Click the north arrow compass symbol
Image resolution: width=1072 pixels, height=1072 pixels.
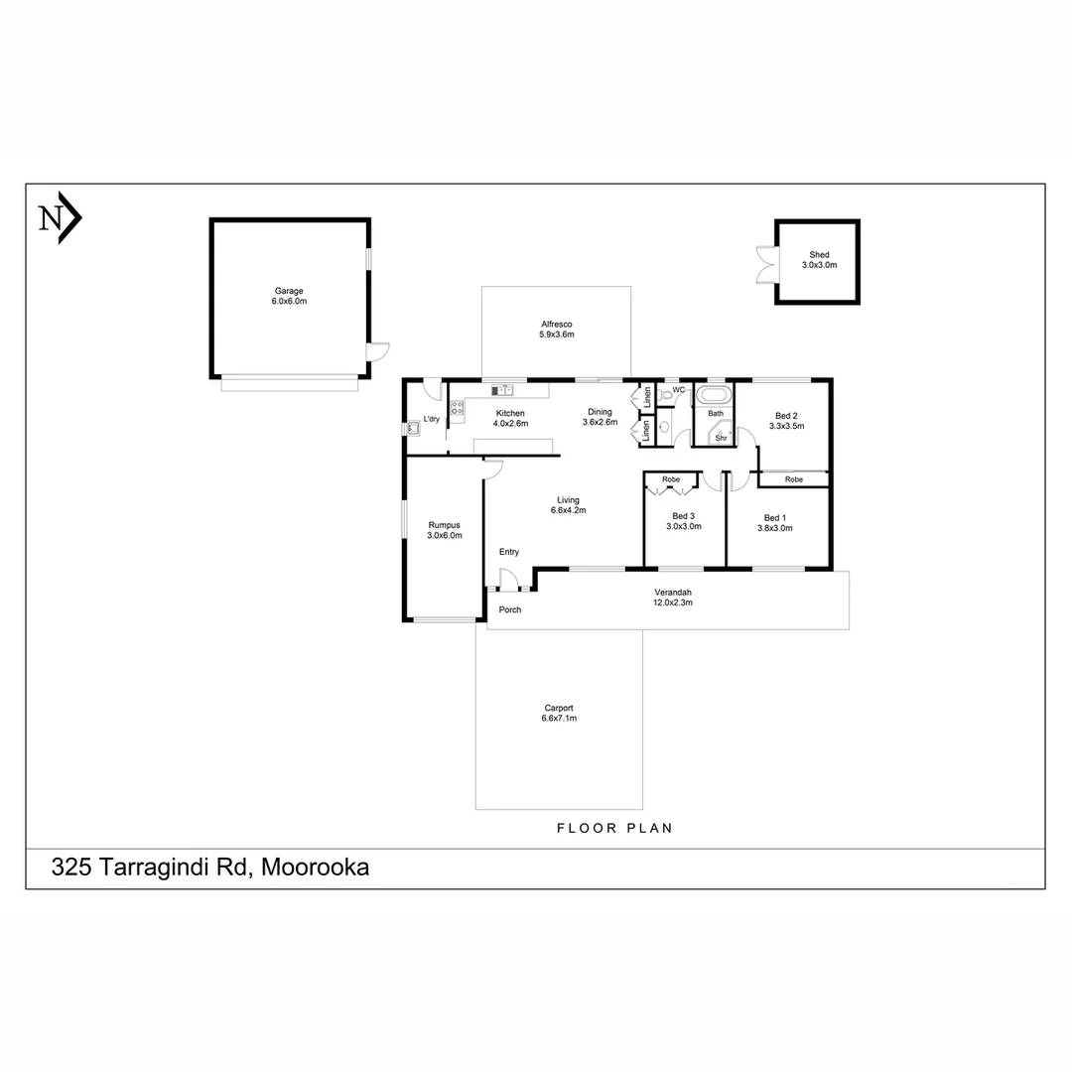(59, 216)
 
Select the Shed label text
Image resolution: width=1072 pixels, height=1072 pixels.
(819, 255)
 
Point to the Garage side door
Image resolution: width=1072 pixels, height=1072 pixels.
(378, 351)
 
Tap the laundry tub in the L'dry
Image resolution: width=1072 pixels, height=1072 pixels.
(412, 429)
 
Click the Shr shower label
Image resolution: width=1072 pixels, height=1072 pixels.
(721, 437)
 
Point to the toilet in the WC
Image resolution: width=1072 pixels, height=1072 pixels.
(667, 393)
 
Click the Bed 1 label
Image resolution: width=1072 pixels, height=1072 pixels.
(775, 518)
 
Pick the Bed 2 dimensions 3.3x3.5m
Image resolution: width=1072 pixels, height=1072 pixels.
(785, 425)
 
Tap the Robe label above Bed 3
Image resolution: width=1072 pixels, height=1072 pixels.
(672, 479)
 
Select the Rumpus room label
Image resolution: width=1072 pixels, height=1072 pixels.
(444, 525)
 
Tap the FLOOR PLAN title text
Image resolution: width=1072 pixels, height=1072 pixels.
(614, 828)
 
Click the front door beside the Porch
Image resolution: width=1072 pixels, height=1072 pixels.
(508, 581)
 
